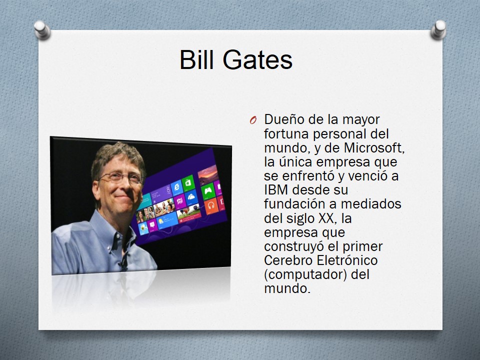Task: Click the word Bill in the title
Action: coord(196,59)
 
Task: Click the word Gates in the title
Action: coord(257,59)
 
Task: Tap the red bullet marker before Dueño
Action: coord(253,120)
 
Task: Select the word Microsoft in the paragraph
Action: coord(374,147)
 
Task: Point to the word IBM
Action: coord(276,190)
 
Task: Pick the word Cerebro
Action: coord(288,260)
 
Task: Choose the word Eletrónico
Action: coord(347,260)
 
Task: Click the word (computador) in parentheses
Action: coord(305,274)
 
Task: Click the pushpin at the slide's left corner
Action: coord(42,29)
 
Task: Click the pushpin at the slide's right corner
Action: coord(438,29)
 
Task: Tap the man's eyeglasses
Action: coord(121,177)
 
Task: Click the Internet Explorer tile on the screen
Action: coord(177,187)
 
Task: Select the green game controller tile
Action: coord(208,191)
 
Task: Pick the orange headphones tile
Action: coord(211,206)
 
